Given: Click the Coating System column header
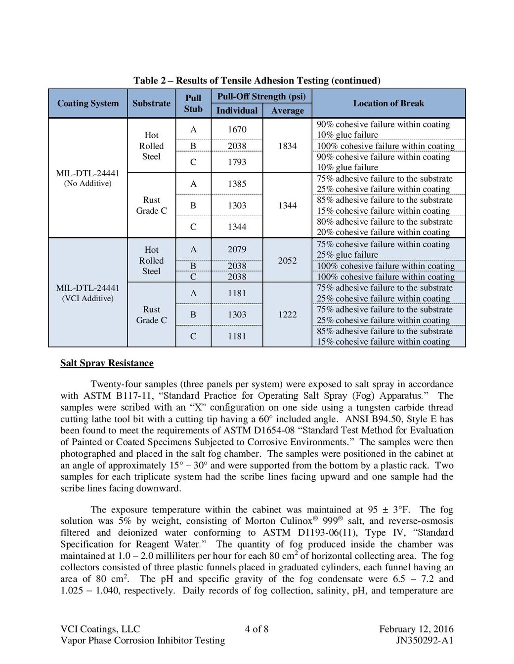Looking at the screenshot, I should coord(88,103).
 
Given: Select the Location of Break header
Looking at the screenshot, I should coord(388,103).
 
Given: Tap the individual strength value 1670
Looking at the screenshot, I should coord(237,129).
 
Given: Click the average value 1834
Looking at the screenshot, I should coord(287,146).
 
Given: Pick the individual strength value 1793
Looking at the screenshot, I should coord(237,162).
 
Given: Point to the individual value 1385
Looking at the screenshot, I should coord(237,184).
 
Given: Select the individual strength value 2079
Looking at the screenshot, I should coord(237,249).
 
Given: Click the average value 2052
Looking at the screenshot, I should coord(287,260).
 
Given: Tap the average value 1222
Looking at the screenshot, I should coord(287,314).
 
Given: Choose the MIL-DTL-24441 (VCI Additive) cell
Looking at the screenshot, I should coord(87,293).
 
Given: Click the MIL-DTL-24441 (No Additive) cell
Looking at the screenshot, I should coord(87,178).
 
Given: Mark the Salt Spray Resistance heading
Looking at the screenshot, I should coord(107,363).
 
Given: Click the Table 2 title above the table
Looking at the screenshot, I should coord(257,80).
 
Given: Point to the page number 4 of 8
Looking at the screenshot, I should coord(257,629).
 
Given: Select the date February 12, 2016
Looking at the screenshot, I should coord(416,629).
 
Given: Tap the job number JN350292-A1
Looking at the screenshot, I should coord(424,640).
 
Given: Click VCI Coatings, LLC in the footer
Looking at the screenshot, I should coord(100,629).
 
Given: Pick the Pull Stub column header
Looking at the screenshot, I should coord(193,103).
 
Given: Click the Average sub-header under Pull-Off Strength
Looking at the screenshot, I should coord(287,111).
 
